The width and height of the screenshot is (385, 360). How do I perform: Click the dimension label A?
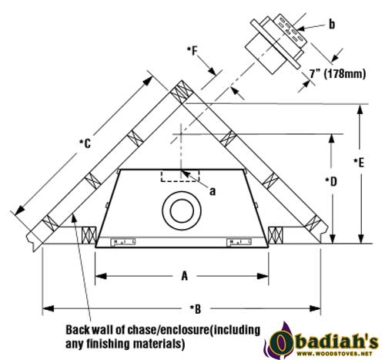point(185,276)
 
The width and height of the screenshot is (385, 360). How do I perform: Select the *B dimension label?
point(196,308)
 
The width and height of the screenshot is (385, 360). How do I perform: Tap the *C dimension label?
point(85,143)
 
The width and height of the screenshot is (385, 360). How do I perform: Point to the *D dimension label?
point(331,182)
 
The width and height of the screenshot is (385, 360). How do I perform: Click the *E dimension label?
point(359,163)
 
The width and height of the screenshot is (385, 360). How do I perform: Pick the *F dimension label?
point(192,51)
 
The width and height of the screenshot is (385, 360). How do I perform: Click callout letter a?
point(213,191)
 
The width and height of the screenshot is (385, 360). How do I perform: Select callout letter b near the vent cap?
point(332,25)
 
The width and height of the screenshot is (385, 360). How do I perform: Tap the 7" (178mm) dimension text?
point(337,74)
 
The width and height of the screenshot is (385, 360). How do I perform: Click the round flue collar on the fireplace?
point(182,210)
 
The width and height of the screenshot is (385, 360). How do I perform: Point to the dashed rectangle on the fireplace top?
point(180,176)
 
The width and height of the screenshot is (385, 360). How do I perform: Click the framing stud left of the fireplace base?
point(89,235)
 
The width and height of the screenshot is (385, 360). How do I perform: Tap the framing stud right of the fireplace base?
point(276,235)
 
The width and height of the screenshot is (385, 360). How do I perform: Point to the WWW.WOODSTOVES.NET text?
point(334,354)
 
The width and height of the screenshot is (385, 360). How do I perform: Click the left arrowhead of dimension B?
point(48,308)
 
